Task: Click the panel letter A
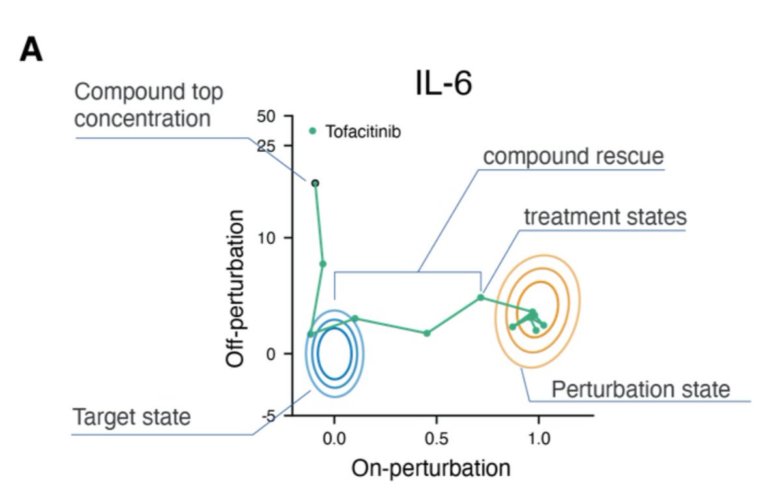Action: pos(31,50)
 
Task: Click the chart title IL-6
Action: pos(443,84)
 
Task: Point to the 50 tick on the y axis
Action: pos(266,117)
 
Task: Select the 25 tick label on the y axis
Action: pos(266,146)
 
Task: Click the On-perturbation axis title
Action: pos(431,468)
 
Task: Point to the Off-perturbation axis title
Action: pos(235,288)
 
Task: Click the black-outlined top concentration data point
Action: pos(315,184)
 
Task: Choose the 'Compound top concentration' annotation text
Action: pos(149,106)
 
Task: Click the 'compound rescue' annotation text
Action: pos(573,157)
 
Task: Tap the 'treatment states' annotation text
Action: pos(605,217)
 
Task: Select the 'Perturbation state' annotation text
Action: pos(641,390)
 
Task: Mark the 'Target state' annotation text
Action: pos(132,417)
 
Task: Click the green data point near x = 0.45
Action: pos(427,333)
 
